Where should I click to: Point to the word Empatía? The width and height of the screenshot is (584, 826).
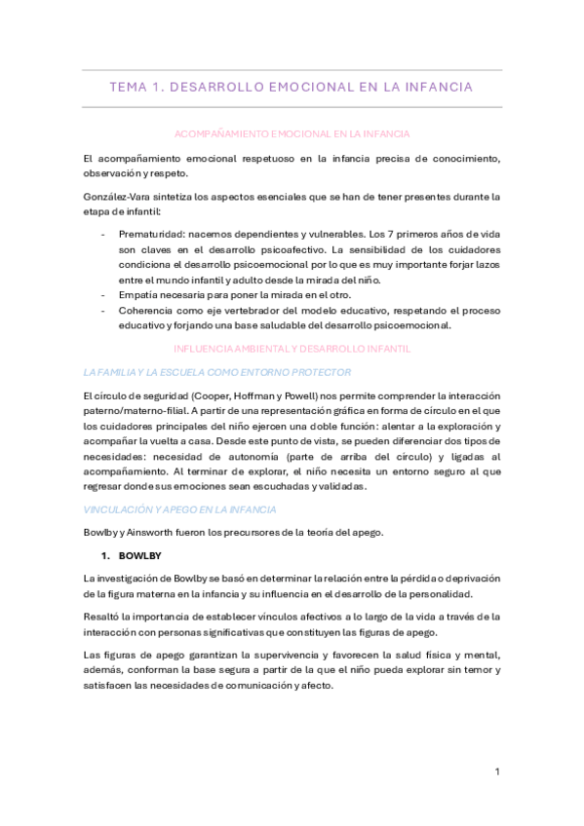click(x=139, y=295)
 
